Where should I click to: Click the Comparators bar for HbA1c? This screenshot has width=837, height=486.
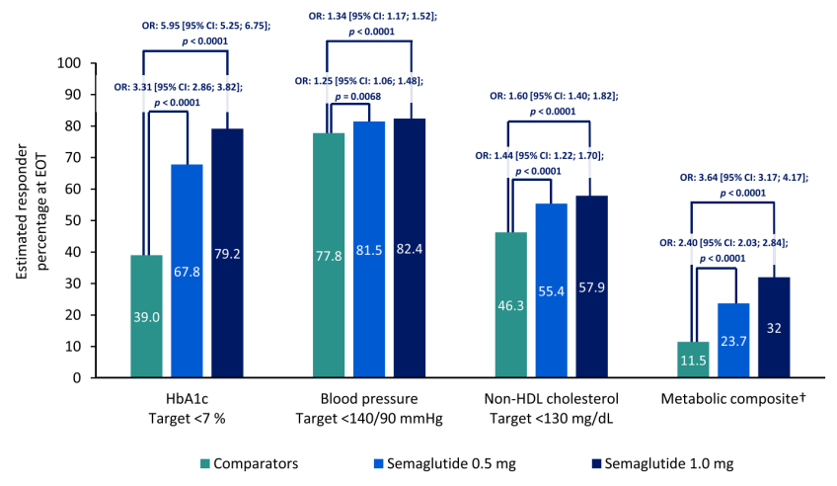click(x=146, y=316)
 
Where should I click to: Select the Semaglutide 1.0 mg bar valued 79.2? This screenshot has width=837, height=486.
click(x=227, y=253)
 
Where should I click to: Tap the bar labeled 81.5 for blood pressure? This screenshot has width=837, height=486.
click(x=369, y=249)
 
